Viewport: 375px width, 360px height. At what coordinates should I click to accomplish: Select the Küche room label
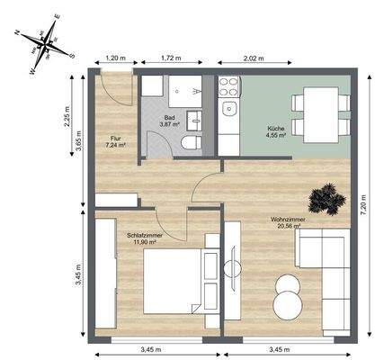click(x=275, y=130)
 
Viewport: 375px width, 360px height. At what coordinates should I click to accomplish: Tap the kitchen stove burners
click(x=228, y=88)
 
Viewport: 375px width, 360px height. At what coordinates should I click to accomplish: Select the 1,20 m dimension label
click(x=114, y=58)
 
